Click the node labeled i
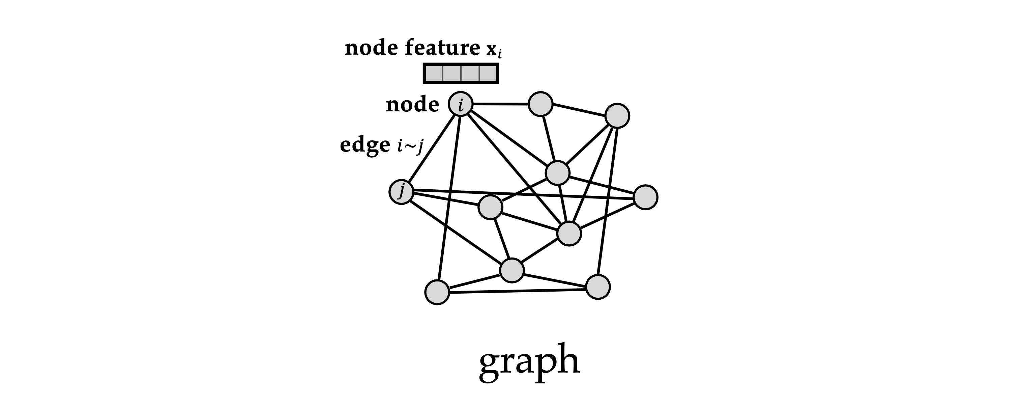pos(461,104)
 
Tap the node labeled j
pos(402,192)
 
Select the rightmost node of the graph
pos(645,197)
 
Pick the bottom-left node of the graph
pos(437,292)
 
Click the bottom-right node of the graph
pos(598,287)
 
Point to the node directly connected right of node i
pos(541,104)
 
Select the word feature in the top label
pos(442,48)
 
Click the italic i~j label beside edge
pos(410,146)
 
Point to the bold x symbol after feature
pos(491,49)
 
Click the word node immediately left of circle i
pos(413,105)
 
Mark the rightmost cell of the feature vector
pos(488,73)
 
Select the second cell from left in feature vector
pos(451,73)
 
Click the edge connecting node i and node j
pos(431,148)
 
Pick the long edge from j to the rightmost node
pos(523,194)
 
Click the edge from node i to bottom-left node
pos(449,198)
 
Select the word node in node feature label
pos(371,48)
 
